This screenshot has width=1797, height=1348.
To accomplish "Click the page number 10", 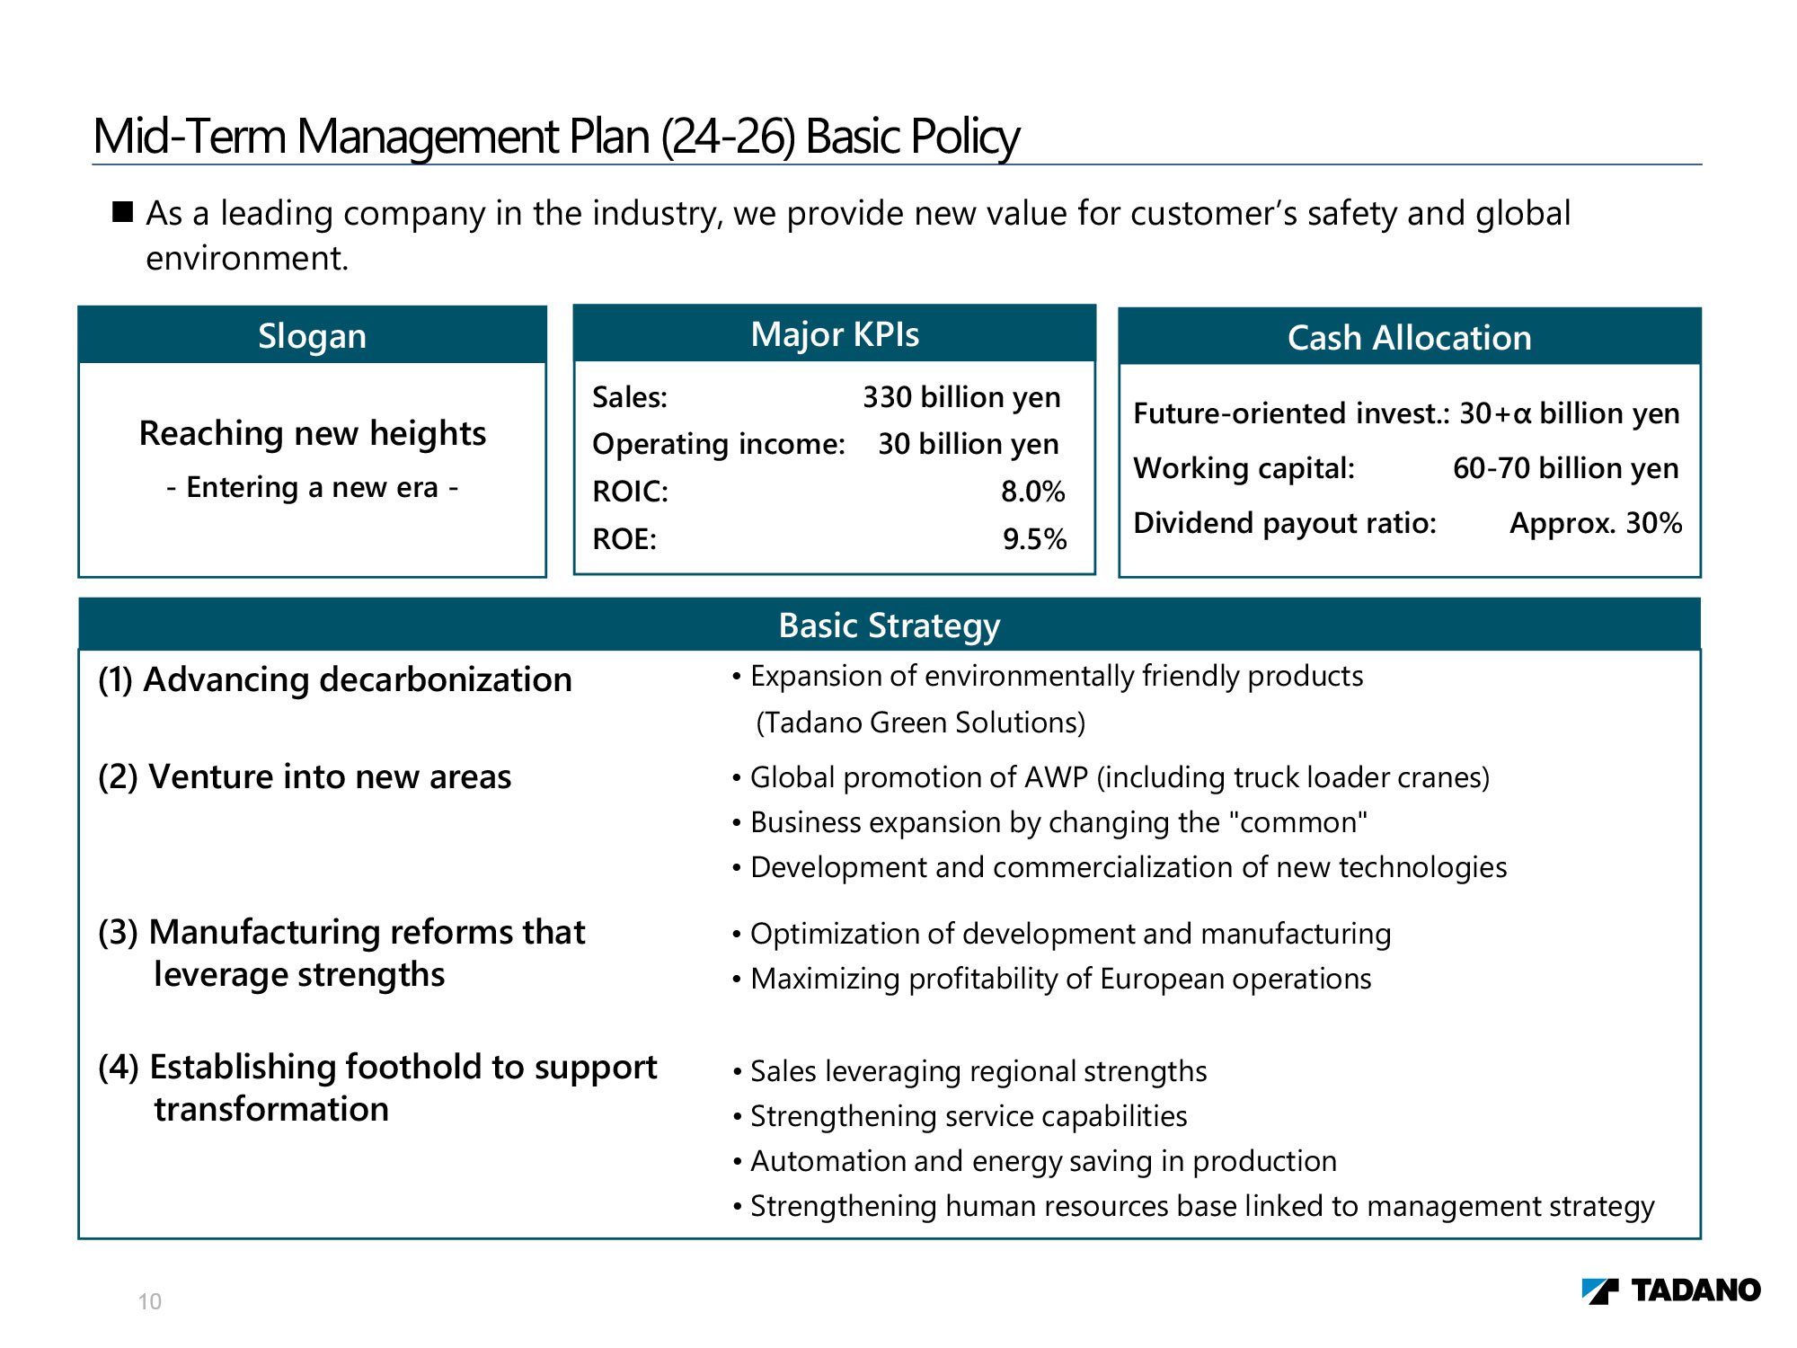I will coord(149,1301).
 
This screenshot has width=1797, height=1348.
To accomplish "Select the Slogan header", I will coord(312,336).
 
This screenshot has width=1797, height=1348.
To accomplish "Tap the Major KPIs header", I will coord(835,334).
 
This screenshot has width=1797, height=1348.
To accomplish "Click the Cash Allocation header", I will coord(1409,338).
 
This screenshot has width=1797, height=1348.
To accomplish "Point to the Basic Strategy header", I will coord(889,625).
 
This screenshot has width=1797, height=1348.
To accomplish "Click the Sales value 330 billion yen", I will coord(961,397).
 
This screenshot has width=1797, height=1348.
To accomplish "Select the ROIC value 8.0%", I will coord(1032,492).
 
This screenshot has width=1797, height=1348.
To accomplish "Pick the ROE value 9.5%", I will coord(1034,539).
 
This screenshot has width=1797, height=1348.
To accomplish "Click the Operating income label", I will coord(719,444).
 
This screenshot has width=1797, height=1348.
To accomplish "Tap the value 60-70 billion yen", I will coord(1565,468).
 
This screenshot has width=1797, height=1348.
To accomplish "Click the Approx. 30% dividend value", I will coord(1595,523).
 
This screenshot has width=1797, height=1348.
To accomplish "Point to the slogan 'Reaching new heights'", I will coord(312,433).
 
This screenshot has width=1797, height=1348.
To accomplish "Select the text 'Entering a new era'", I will coord(312,487).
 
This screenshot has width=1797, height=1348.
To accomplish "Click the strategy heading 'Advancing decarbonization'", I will coord(357,679).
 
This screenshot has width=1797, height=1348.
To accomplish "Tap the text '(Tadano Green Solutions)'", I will coord(920,723).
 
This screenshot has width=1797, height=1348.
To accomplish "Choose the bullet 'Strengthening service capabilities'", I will coord(968,1116).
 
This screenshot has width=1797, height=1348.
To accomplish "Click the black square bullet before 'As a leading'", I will coord(122,212).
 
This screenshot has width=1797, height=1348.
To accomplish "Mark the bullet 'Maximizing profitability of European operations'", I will coord(1060,979).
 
